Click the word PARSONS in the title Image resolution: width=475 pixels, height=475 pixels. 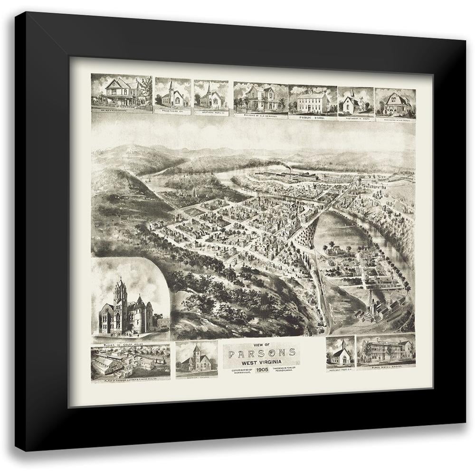tap(262, 353)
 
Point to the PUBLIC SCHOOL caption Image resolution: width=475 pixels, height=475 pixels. tap(312, 117)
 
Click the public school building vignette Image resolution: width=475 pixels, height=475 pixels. tap(312, 101)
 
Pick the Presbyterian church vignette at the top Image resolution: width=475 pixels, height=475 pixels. tap(172, 96)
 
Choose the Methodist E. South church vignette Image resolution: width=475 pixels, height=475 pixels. tap(355, 101)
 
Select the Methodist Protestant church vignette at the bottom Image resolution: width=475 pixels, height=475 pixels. tap(341, 354)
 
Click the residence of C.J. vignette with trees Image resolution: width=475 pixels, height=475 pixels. tap(260, 98)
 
